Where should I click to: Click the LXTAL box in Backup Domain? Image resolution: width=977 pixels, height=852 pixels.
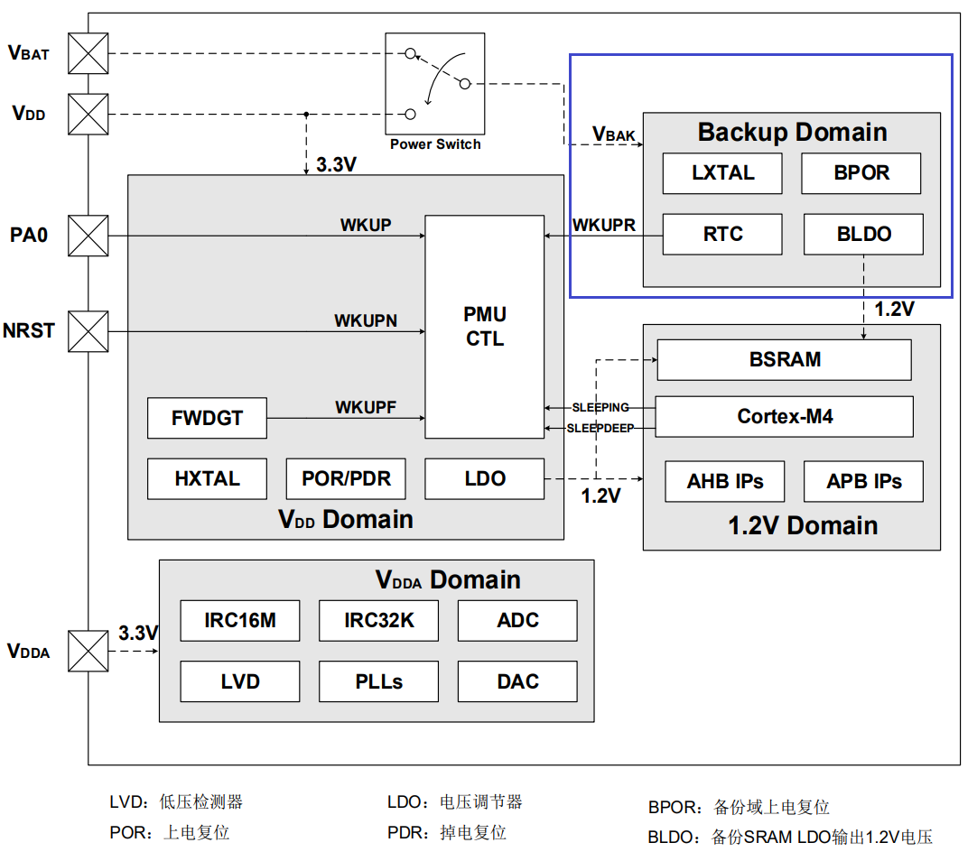[x=722, y=173]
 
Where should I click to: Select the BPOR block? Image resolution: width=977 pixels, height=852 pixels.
[x=861, y=173]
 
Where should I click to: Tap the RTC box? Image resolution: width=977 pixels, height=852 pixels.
[x=722, y=235]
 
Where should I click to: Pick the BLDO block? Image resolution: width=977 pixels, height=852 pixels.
[x=863, y=235]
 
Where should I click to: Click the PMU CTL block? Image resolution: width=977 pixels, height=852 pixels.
[x=485, y=327]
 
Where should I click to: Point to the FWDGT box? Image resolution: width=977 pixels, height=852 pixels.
[x=208, y=419]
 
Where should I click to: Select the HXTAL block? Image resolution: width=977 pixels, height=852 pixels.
[x=208, y=478]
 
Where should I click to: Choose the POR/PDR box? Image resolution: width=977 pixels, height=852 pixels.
[x=347, y=478]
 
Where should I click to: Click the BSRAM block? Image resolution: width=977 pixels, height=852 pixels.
[x=784, y=359]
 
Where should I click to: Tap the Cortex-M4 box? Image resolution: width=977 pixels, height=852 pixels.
[x=784, y=417]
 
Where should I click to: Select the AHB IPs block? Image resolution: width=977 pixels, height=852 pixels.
[x=725, y=482]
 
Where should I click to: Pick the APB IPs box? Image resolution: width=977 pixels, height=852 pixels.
[x=864, y=482]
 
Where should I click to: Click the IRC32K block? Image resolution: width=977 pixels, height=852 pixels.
[x=379, y=621]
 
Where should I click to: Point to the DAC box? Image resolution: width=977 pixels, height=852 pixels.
[x=517, y=681]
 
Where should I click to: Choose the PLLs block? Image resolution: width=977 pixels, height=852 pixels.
[x=379, y=681]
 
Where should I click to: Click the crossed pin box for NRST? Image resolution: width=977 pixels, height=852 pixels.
[x=88, y=331]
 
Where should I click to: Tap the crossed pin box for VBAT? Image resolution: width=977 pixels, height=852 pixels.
[x=88, y=53]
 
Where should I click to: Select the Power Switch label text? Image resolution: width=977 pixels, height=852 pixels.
[x=435, y=144]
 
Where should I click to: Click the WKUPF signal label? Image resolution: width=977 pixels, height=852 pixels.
[x=366, y=408]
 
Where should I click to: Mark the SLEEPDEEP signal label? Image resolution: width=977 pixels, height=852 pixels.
[x=600, y=429]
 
